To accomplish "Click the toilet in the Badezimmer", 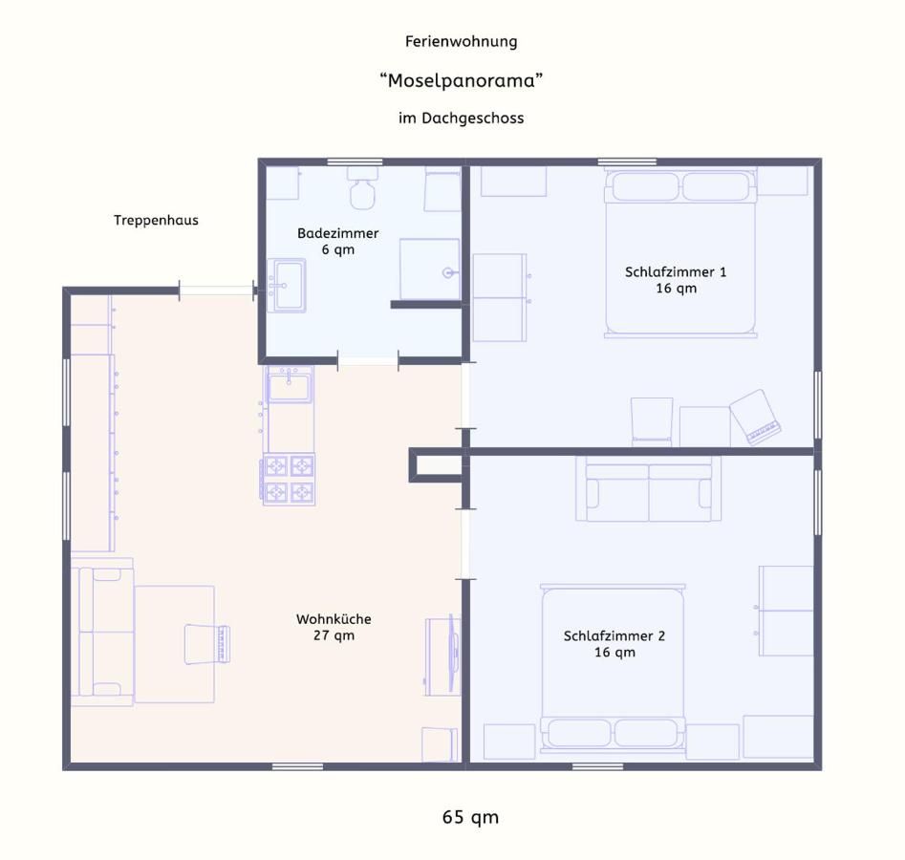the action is pyautogui.click(x=362, y=188).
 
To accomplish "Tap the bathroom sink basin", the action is pyautogui.click(x=288, y=285).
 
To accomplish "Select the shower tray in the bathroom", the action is pyautogui.click(x=429, y=269).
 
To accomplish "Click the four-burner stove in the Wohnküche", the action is pyautogui.click(x=289, y=480).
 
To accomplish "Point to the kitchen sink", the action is pyautogui.click(x=290, y=385).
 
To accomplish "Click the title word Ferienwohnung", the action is pyautogui.click(x=462, y=42).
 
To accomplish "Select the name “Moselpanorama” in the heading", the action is pyautogui.click(x=462, y=80).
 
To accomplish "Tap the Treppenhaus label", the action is pyautogui.click(x=156, y=220).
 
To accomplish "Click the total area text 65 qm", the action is pyautogui.click(x=470, y=817).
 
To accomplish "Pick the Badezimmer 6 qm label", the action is pyautogui.click(x=337, y=241).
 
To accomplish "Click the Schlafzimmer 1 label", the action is pyautogui.click(x=676, y=280).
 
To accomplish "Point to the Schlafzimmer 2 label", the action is pyautogui.click(x=614, y=643).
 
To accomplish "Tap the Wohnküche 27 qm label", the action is pyautogui.click(x=334, y=627).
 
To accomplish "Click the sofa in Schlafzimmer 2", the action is pyautogui.click(x=648, y=489).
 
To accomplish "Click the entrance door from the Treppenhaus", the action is pyautogui.click(x=216, y=290).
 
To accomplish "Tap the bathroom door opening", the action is pyautogui.click(x=368, y=361).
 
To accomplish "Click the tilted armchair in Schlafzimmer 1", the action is pyautogui.click(x=756, y=418).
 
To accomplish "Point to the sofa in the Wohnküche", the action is pyautogui.click(x=103, y=632).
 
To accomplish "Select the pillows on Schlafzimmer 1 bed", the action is pyautogui.click(x=680, y=186).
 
